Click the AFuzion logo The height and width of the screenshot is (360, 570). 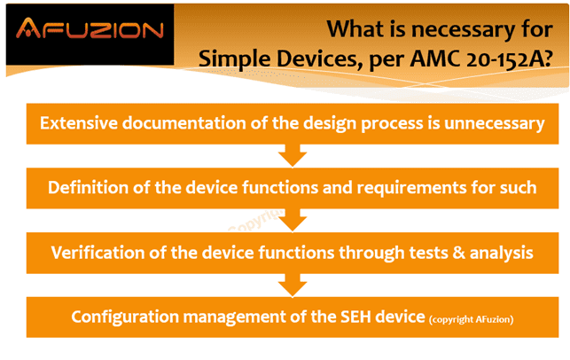[x=90, y=28]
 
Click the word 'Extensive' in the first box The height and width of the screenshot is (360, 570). [x=79, y=123]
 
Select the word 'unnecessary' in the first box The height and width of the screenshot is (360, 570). [x=495, y=123]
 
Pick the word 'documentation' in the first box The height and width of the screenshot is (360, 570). [x=184, y=123]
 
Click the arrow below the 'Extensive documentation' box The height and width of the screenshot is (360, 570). [x=293, y=156]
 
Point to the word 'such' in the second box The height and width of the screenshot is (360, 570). [x=518, y=188]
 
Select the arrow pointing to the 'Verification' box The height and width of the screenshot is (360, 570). [x=293, y=220]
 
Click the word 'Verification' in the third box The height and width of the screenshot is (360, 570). [x=98, y=253]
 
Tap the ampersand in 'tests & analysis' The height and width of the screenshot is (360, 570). [x=459, y=253]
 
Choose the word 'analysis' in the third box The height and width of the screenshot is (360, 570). [x=501, y=253]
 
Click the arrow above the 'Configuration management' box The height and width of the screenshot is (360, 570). [x=293, y=286]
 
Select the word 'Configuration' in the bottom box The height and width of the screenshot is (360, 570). [x=125, y=317]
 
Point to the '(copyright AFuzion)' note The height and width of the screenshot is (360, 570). [x=471, y=319]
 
